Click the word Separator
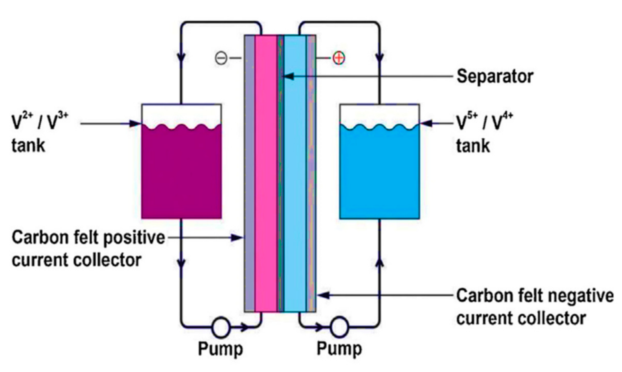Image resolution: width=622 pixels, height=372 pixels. click(495, 77)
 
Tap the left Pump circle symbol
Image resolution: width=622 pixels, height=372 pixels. click(220, 327)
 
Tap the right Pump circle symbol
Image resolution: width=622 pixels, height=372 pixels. click(339, 327)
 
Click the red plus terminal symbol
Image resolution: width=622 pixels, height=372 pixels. click(339, 58)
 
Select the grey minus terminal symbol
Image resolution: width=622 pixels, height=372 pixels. click(221, 58)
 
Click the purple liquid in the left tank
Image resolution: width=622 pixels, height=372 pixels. click(181, 175)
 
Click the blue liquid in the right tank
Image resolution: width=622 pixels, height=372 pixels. click(379, 175)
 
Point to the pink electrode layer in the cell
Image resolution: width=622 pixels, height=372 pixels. click(266, 175)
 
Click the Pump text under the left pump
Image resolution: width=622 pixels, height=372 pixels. click(220, 349)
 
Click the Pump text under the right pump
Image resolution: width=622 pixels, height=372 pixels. click(339, 349)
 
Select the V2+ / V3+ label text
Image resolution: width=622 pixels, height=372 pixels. click(40, 122)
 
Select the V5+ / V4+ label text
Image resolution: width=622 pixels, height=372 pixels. click(484, 122)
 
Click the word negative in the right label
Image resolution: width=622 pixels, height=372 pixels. click(581, 296)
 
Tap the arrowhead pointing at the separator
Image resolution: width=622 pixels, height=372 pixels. click(288, 76)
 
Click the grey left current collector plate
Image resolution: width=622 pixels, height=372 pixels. click(249, 175)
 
